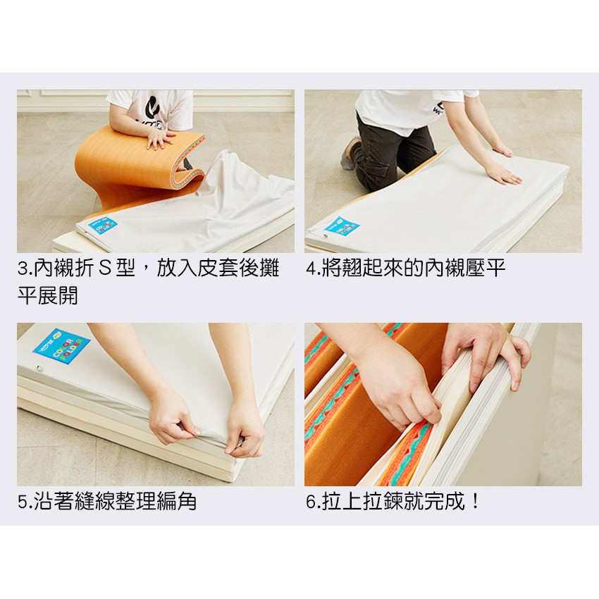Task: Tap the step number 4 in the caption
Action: click(311, 268)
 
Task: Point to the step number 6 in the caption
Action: click(311, 502)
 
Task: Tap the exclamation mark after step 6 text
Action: click(475, 501)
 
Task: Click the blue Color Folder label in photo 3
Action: click(101, 226)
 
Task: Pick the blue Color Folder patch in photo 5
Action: click(62, 346)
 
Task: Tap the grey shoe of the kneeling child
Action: click(349, 154)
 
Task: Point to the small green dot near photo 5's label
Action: click(38, 369)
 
